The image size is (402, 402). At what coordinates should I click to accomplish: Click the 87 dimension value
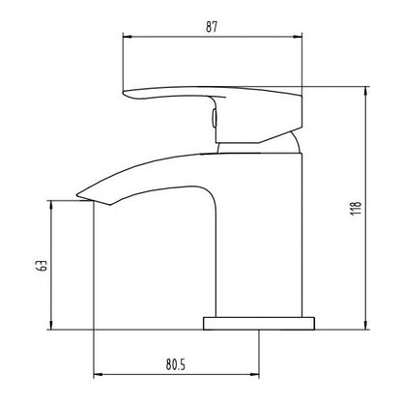coord(212,27)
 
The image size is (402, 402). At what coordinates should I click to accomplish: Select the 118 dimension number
coord(356,209)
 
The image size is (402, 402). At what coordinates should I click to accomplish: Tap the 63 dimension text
coord(43,265)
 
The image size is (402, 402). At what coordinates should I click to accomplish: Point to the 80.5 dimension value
coord(176,364)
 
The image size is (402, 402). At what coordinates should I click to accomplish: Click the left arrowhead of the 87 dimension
coord(128,37)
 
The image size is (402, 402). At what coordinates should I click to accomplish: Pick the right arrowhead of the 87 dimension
coord(298,37)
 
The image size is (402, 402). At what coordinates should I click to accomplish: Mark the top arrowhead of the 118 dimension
coord(365,91)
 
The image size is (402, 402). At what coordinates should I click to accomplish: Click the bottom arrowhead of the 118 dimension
coord(365,325)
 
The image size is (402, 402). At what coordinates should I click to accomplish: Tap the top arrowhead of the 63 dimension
coord(51,205)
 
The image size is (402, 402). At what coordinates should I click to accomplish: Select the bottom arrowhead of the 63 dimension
coord(51,325)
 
